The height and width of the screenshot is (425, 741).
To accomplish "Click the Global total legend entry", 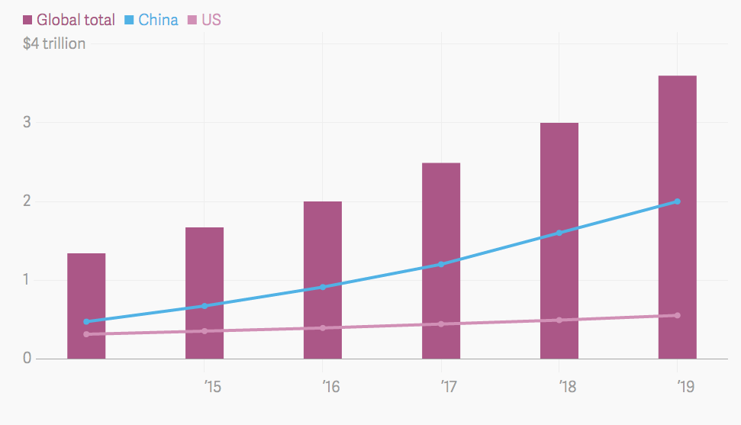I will [x=69, y=20].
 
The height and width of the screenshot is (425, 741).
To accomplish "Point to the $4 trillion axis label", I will [x=54, y=43].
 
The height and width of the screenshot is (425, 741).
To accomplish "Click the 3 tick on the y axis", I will [x=27, y=122].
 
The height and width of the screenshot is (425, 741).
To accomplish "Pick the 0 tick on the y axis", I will [x=27, y=358].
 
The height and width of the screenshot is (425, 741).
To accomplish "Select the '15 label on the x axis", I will [x=213, y=387].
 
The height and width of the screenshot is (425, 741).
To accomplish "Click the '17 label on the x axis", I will [x=449, y=387].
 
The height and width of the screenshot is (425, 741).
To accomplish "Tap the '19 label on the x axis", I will [x=685, y=387].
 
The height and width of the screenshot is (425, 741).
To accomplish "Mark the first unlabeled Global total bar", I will [x=86, y=305].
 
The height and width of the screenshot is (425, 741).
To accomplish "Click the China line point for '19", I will [x=678, y=201].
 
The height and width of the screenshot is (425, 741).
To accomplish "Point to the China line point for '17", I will [x=441, y=264].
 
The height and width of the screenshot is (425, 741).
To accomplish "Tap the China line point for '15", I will [x=205, y=306].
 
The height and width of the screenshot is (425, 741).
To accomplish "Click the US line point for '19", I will [x=678, y=315].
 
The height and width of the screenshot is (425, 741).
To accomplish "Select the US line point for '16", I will [x=323, y=328].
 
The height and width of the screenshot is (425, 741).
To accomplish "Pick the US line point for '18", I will [x=559, y=320].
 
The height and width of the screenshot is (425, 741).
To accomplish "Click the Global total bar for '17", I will [x=441, y=260].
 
